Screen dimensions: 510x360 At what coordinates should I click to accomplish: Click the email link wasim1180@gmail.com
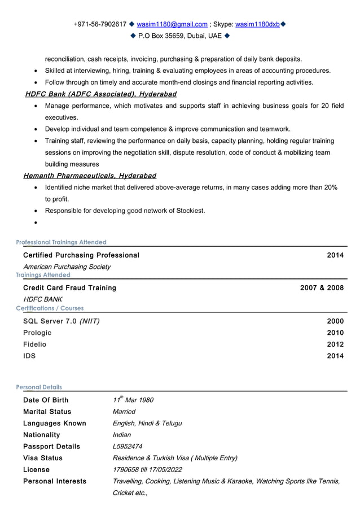pyautogui.click(x=172, y=24)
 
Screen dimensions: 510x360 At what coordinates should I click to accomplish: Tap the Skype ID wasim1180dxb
pyautogui.click(x=257, y=24)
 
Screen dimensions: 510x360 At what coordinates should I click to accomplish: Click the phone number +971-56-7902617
pyautogui.click(x=100, y=24)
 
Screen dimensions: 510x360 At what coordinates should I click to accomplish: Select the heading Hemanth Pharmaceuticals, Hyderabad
pyautogui.click(x=90, y=176)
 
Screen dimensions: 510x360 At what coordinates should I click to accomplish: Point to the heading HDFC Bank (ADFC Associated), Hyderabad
pyautogui.click(x=100, y=94)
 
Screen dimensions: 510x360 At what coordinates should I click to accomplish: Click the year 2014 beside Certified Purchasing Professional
pyautogui.click(x=335, y=255)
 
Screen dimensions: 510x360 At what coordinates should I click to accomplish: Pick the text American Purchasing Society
pyautogui.click(x=67, y=267)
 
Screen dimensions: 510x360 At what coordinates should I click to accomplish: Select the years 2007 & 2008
pyautogui.click(x=322, y=288)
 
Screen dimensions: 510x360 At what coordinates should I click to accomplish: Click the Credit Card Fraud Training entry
pyautogui.click(x=69, y=288)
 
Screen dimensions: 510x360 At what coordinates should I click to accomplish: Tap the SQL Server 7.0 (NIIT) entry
pyautogui.click(x=62, y=321)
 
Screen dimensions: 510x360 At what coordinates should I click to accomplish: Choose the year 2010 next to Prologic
pyautogui.click(x=335, y=333)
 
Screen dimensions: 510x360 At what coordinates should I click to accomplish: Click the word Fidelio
pyautogui.click(x=35, y=344)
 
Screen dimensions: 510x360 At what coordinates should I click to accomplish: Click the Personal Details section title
pyautogui.click(x=39, y=387)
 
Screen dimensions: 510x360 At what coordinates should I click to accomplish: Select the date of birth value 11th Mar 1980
pyautogui.click(x=133, y=400)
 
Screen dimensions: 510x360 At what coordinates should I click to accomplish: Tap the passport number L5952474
pyautogui.click(x=128, y=446)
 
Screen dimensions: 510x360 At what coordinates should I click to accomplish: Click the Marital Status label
pyautogui.click(x=47, y=412)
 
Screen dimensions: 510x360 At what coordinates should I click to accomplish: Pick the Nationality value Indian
pyautogui.click(x=122, y=435)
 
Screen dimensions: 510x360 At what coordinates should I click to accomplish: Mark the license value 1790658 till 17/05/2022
pyautogui.click(x=147, y=469)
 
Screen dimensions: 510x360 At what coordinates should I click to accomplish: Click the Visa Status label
pyautogui.click(x=43, y=458)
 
